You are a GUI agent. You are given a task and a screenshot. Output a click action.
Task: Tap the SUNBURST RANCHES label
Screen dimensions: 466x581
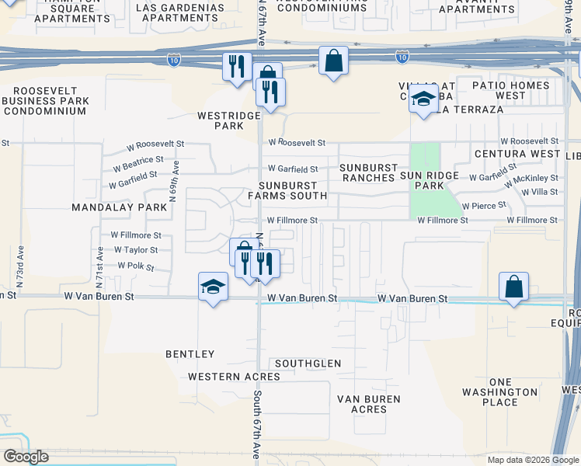coord(367,172)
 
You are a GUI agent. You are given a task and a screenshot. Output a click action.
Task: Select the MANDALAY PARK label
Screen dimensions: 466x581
coord(119,207)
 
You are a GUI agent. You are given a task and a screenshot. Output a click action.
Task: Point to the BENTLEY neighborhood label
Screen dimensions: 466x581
coord(190,354)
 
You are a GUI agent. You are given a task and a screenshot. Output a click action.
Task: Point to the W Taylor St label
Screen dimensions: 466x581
coord(136,250)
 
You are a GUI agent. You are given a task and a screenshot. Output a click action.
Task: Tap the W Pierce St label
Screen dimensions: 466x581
coord(484,206)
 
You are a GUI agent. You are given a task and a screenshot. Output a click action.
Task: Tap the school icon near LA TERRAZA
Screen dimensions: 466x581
coord(423,99)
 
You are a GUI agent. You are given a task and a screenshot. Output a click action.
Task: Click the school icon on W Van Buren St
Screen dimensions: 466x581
coord(212,287)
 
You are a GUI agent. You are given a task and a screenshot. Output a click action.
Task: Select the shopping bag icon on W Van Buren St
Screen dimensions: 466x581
coord(514,287)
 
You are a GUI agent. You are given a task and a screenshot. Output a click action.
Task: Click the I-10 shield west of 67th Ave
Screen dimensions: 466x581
coord(172,58)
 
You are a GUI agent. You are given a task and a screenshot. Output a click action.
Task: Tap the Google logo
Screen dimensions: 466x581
coord(25,457)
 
